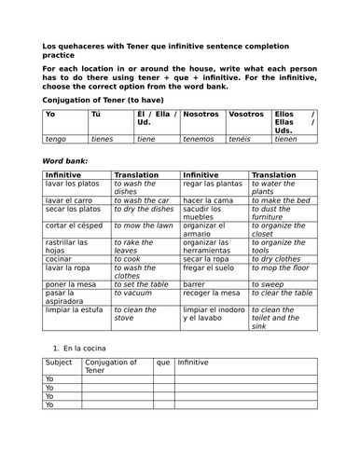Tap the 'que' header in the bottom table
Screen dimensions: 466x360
(x=163, y=363)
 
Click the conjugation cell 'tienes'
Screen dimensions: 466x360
(x=103, y=139)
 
